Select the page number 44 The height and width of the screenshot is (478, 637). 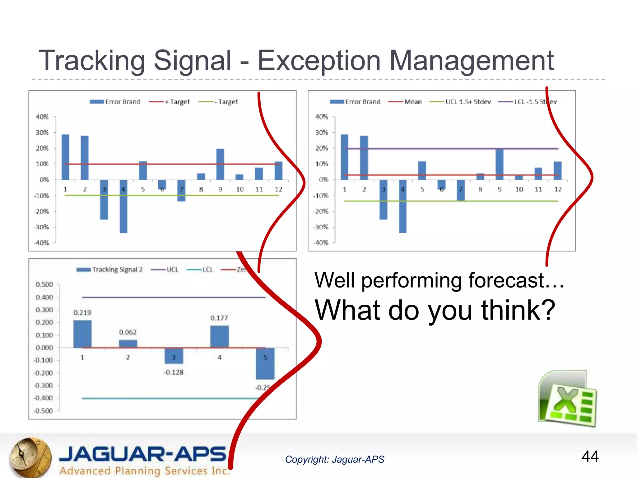590,457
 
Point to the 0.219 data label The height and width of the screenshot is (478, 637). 82,313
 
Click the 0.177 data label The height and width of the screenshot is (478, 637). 219,318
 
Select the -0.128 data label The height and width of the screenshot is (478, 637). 174,373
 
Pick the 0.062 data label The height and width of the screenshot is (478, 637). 128,332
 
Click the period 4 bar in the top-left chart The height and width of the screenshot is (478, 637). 123,207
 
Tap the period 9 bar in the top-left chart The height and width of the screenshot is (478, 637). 220,164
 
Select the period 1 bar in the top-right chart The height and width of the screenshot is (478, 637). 345,157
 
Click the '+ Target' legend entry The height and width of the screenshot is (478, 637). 170,102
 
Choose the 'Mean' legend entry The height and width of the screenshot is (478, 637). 406,102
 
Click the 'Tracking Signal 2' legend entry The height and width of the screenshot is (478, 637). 110,269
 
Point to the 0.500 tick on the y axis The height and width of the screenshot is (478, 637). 44,284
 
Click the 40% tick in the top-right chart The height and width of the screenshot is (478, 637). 321,117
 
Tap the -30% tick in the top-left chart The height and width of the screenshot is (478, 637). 42,227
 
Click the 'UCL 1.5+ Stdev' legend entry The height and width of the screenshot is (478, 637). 460,102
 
